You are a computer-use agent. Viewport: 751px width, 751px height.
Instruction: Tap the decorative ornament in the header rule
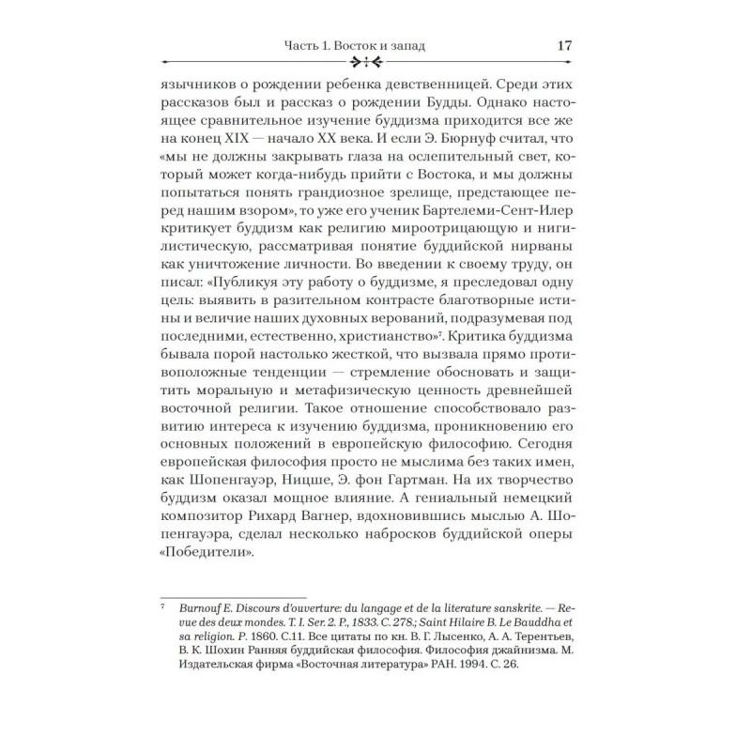tap(365, 63)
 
